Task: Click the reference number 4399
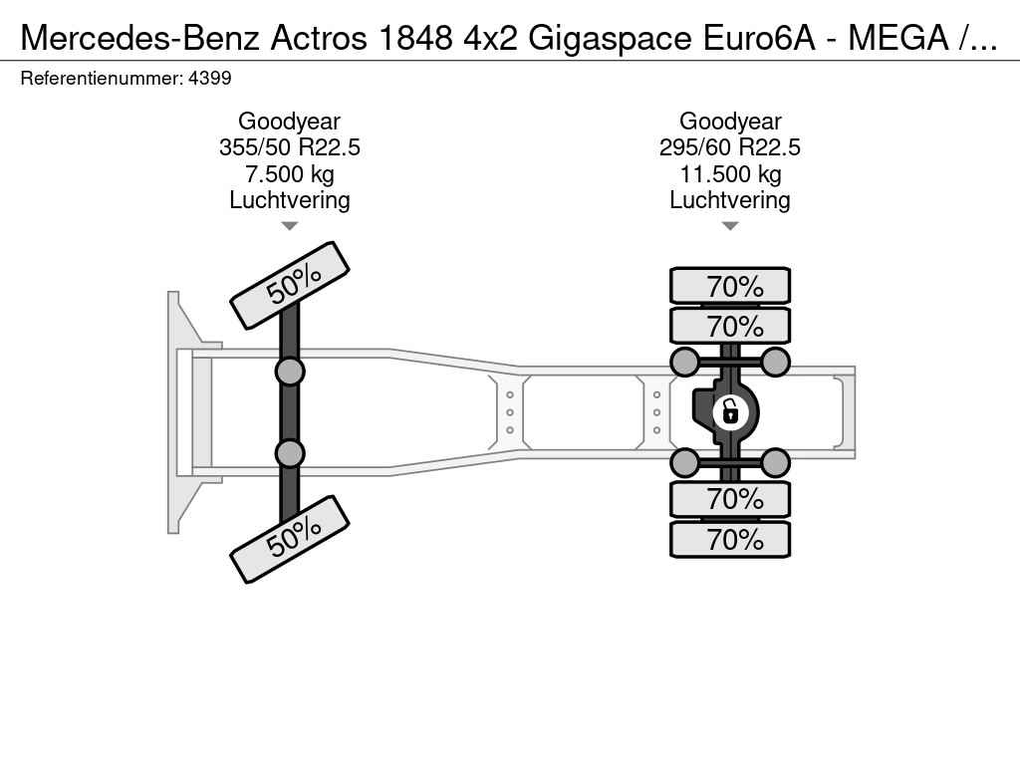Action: pyautogui.click(x=209, y=79)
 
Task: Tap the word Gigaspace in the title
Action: pyautogui.click(x=610, y=38)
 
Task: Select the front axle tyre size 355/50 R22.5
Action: pyautogui.click(x=290, y=147)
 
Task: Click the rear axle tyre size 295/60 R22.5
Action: pyautogui.click(x=730, y=147)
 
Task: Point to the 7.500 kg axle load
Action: pyautogui.click(x=290, y=174)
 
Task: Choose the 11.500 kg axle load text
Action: pyautogui.click(x=730, y=174)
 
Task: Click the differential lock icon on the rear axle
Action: pyautogui.click(x=730, y=411)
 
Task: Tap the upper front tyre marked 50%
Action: pyautogui.click(x=290, y=286)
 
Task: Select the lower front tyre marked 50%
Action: pyautogui.click(x=290, y=539)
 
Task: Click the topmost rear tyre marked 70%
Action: pyautogui.click(x=730, y=286)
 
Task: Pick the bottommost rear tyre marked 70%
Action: pyautogui.click(x=730, y=539)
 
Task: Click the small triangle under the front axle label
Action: pyautogui.click(x=290, y=226)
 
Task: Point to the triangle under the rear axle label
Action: pyautogui.click(x=730, y=226)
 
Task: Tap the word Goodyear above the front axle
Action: pyautogui.click(x=290, y=122)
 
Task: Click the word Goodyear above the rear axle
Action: pyautogui.click(x=730, y=122)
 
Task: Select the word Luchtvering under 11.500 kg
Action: pyautogui.click(x=730, y=200)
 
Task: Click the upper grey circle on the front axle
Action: pyautogui.click(x=290, y=373)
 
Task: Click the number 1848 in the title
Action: pyautogui.click(x=415, y=38)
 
